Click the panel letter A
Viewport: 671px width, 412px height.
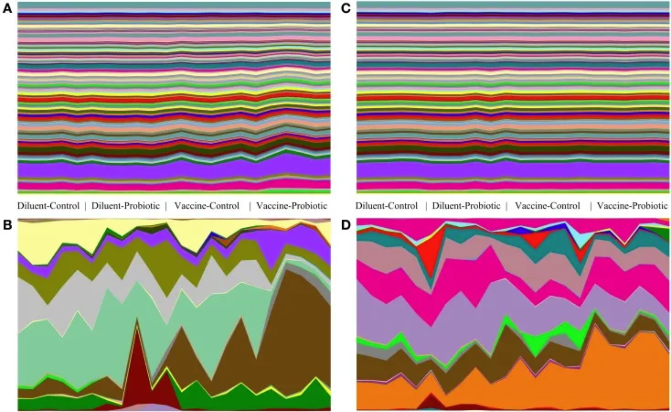7,9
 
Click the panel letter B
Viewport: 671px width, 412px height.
7,225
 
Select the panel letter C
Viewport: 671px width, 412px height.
346,9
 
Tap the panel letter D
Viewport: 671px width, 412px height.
346,225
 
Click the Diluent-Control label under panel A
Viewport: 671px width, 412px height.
48,206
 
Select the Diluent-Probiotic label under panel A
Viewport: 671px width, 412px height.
126,206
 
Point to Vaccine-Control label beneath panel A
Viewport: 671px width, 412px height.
207,206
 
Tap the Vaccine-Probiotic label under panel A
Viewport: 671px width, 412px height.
292,206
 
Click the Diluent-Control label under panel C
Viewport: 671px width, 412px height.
387,206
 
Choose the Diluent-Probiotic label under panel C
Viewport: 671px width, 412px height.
466,206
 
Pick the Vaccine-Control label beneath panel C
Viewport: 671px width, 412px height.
547,206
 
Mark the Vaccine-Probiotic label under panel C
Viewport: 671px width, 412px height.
632,206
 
